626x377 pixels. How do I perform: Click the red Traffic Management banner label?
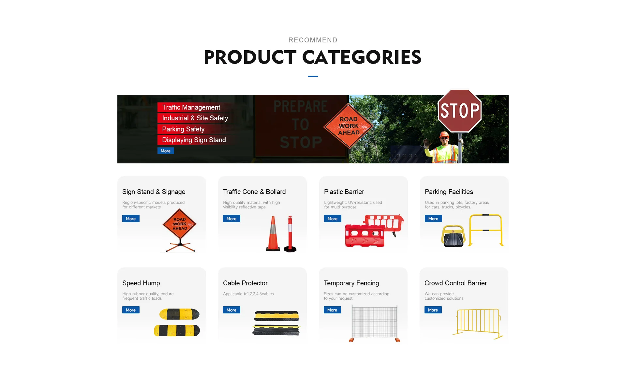pyautogui.click(x=191, y=107)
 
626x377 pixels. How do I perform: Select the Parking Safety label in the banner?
pyautogui.click(x=183, y=129)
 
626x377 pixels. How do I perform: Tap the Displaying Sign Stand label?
pyautogui.click(x=194, y=140)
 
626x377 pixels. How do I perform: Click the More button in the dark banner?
pyautogui.click(x=166, y=151)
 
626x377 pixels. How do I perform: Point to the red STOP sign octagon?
pyautogui.click(x=460, y=111)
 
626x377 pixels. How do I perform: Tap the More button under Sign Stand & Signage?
pyautogui.click(x=131, y=219)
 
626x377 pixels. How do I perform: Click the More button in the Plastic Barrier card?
pyautogui.click(x=333, y=219)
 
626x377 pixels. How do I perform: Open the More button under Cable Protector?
pyautogui.click(x=231, y=310)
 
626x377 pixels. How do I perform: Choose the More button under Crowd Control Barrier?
pyautogui.click(x=433, y=310)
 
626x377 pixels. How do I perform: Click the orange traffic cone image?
pyautogui.click(x=273, y=234)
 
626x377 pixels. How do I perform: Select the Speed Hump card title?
pyautogui.click(x=141, y=283)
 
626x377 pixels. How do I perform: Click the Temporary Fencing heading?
pyautogui.click(x=351, y=283)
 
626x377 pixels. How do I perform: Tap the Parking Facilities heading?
pyautogui.click(x=449, y=192)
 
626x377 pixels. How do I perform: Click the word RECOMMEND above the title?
pyautogui.click(x=313, y=40)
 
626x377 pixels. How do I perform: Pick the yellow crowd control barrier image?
pyautogui.click(x=478, y=324)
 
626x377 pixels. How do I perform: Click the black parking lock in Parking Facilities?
pyautogui.click(x=453, y=236)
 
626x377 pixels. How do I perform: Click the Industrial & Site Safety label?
pyautogui.click(x=195, y=118)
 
